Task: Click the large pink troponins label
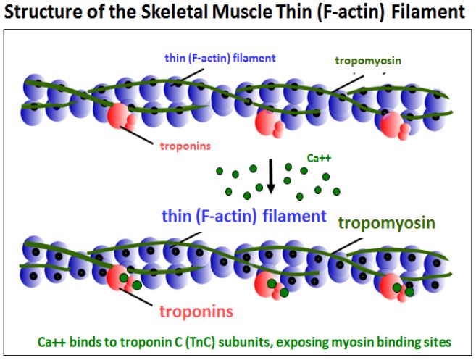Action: pos(196,311)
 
